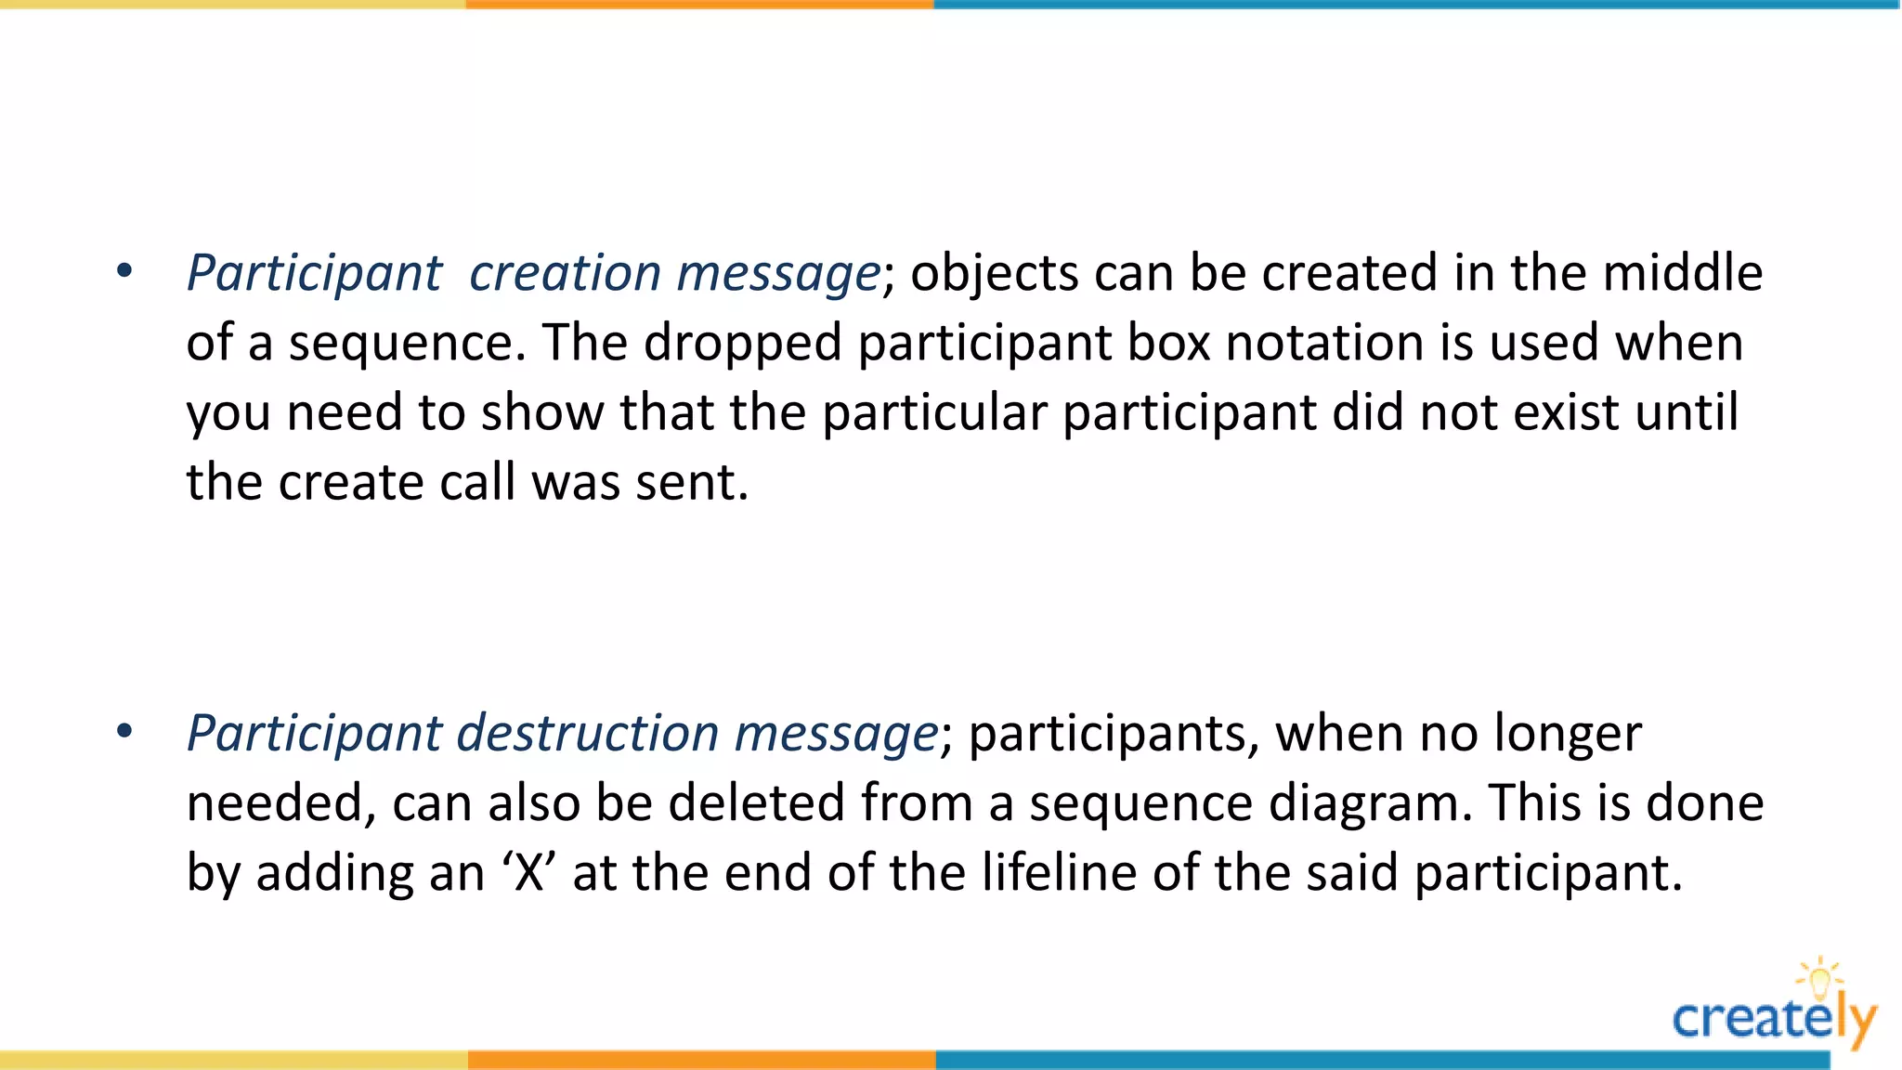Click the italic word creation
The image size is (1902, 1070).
pyautogui.click(x=565, y=273)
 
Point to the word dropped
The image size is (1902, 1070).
pyautogui.click(x=743, y=344)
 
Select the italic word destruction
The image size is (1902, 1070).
pyautogui.click(x=588, y=734)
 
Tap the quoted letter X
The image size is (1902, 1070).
pyautogui.click(x=529, y=873)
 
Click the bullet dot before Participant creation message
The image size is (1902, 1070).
pyautogui.click(x=124, y=271)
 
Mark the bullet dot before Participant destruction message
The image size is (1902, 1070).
pyautogui.click(x=124, y=732)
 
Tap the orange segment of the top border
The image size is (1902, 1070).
pyautogui.click(x=699, y=5)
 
